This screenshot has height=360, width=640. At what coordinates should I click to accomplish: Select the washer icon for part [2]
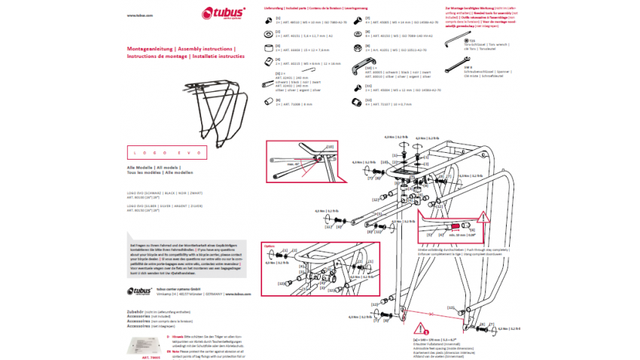click(x=269, y=35)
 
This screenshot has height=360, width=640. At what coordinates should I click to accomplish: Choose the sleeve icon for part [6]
click(x=269, y=102)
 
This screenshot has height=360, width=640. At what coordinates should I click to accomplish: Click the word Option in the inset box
click(x=269, y=246)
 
